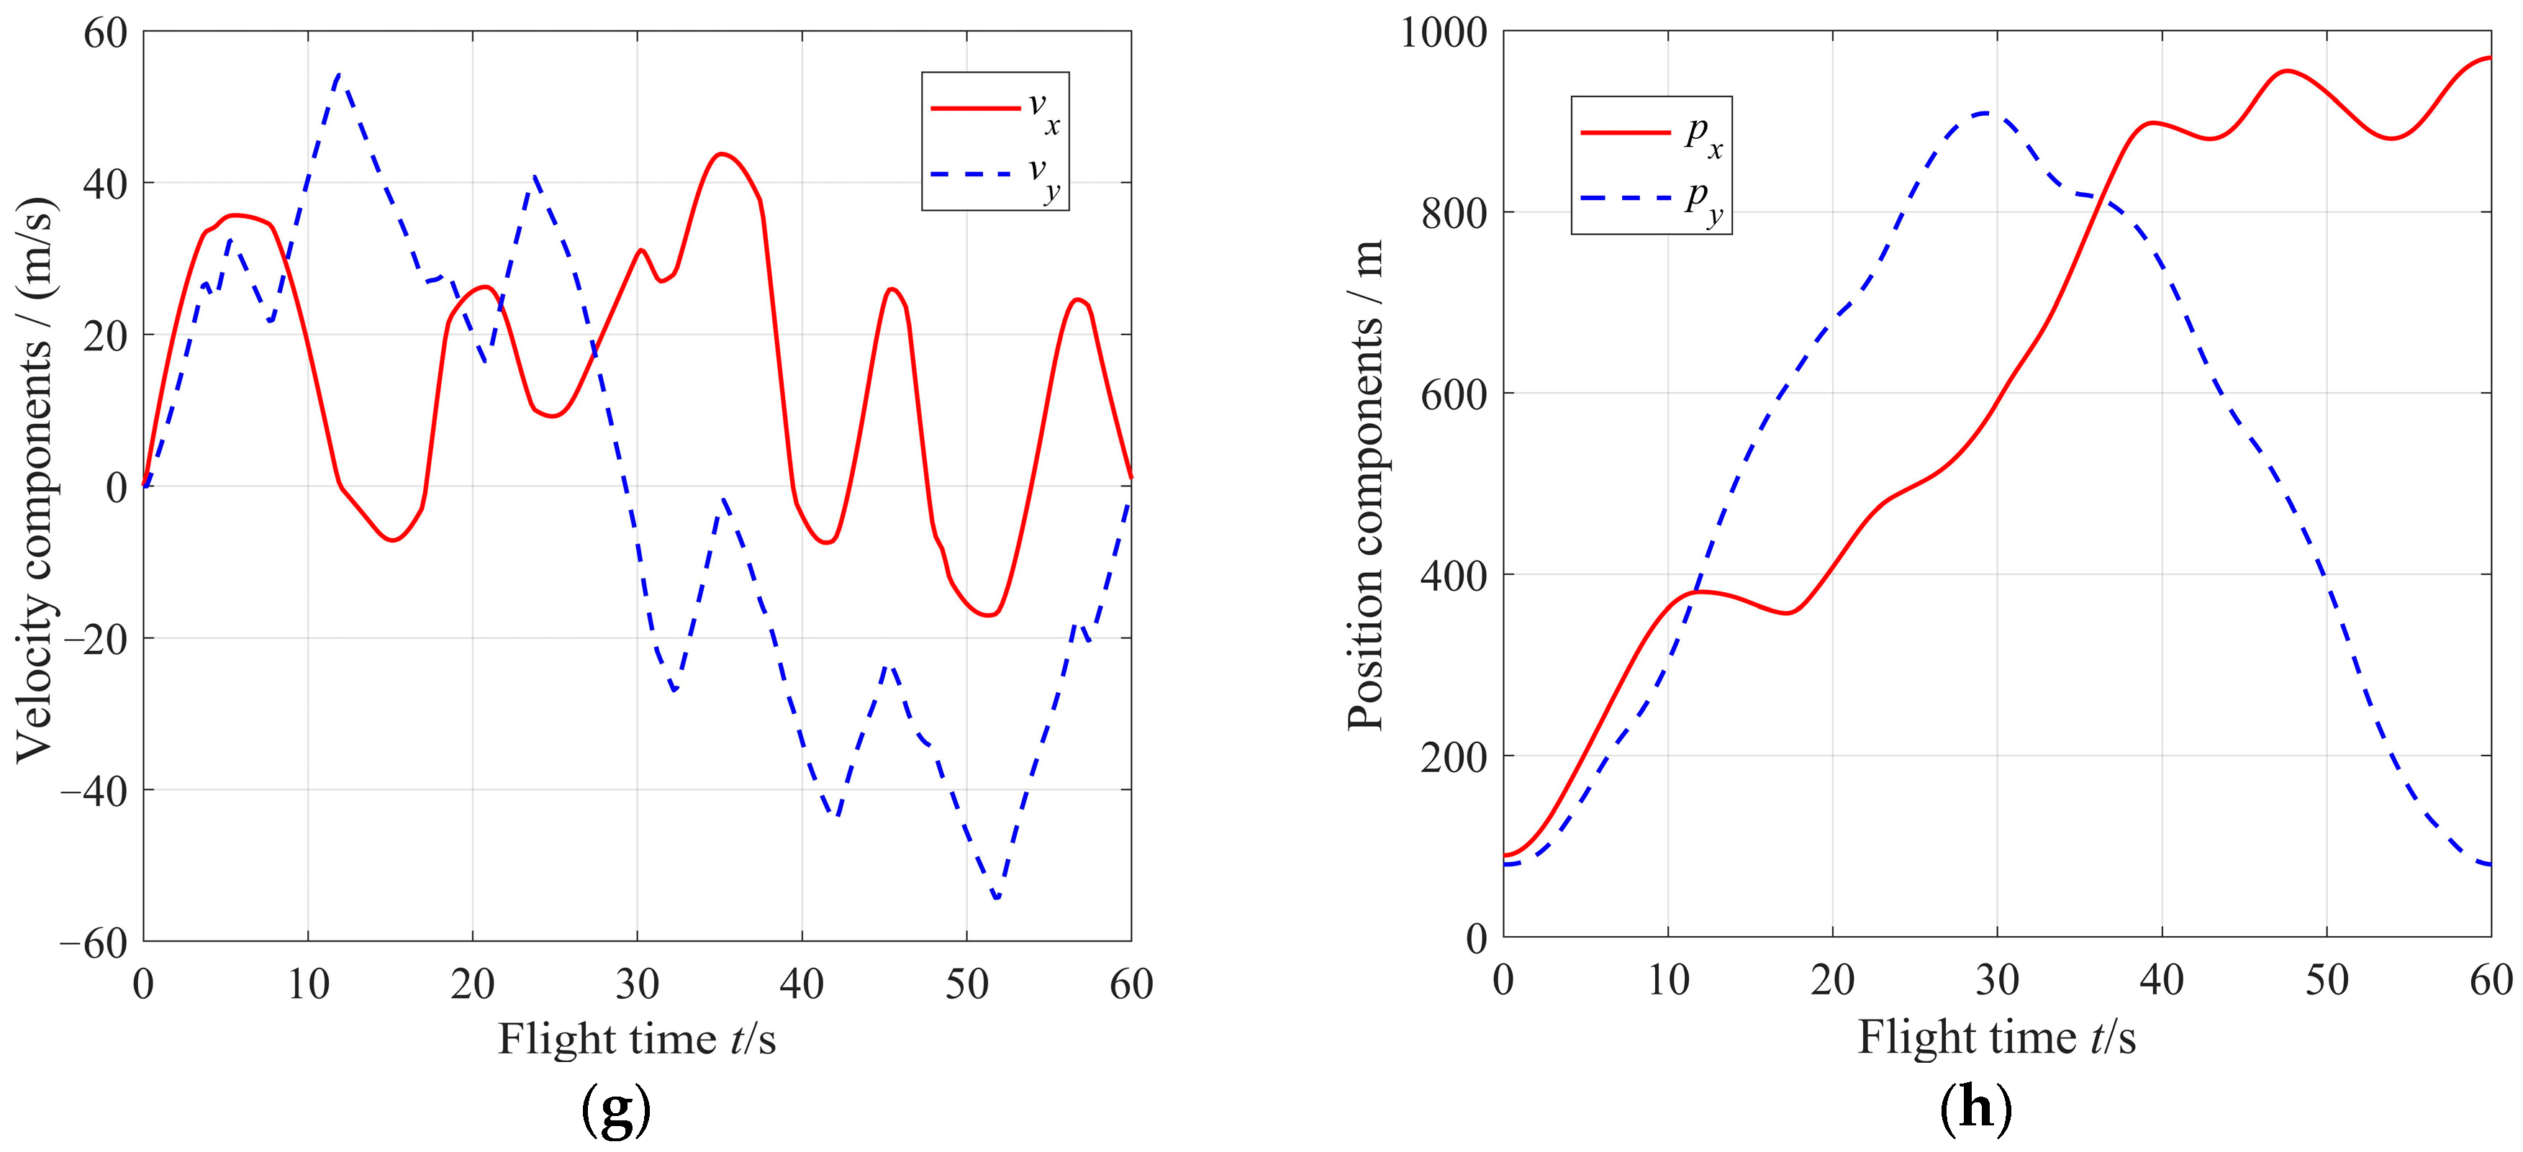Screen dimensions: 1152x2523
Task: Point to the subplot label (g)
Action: click(x=616, y=1109)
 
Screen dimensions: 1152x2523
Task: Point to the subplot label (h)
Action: click(x=1975, y=1109)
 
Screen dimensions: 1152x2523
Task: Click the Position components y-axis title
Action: click(x=1367, y=485)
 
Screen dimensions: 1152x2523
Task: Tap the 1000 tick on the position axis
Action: click(x=1444, y=33)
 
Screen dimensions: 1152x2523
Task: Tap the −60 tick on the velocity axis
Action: click(x=94, y=943)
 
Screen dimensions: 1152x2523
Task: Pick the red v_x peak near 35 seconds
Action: click(x=722, y=154)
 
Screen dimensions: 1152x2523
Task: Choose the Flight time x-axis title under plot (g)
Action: click(x=637, y=1038)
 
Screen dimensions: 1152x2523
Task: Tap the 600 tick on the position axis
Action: click(x=1454, y=394)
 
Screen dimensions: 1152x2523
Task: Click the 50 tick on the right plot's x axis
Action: click(x=2326, y=979)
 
